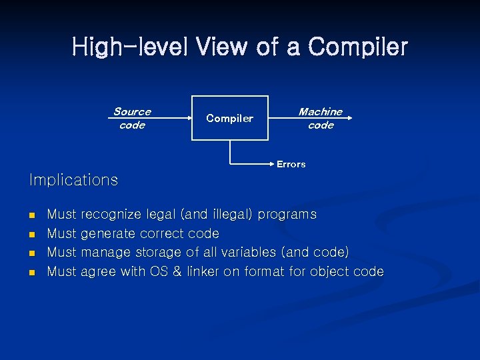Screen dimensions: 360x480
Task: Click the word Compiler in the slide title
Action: pyautogui.click(x=358, y=47)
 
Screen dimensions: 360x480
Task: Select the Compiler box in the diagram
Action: pyautogui.click(x=230, y=118)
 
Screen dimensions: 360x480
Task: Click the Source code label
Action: pyautogui.click(x=132, y=118)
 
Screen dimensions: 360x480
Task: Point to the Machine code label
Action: pyautogui.click(x=321, y=118)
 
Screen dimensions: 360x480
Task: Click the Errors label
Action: pyautogui.click(x=291, y=164)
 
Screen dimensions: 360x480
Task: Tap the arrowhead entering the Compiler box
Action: pyautogui.click(x=189, y=118)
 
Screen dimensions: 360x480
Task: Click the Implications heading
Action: pyautogui.click(x=73, y=180)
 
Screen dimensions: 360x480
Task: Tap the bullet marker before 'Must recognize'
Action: pyautogui.click(x=31, y=215)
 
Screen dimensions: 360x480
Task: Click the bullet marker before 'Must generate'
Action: pyautogui.click(x=31, y=234)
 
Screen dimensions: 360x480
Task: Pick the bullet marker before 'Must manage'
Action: pyautogui.click(x=31, y=253)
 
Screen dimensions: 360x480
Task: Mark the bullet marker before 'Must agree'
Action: pyautogui.click(x=31, y=272)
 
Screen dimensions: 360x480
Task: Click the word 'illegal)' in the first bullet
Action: pyautogui.click(x=232, y=215)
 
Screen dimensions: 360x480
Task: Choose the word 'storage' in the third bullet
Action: pyautogui.click(x=159, y=253)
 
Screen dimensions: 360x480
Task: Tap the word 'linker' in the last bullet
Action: pyautogui.click(x=205, y=271)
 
